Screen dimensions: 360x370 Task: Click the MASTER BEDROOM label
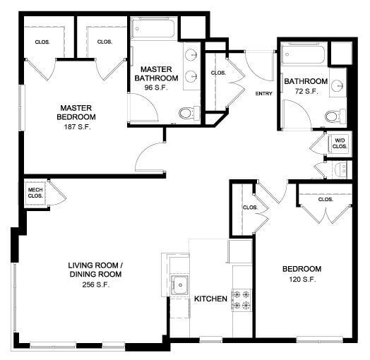[x=78, y=111]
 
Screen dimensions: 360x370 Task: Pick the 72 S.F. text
[x=306, y=92]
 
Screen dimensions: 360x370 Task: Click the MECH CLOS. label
[x=35, y=193]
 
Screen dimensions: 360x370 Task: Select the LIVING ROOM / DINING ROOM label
[x=95, y=270]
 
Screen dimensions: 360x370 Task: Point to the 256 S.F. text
[x=95, y=285]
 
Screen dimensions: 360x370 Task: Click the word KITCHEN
[x=210, y=299]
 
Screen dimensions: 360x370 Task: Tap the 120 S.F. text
[x=302, y=280]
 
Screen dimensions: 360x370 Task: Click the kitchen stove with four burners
[x=241, y=299]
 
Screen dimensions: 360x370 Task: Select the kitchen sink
[x=181, y=286]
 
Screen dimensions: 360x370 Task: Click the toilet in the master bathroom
[x=187, y=112]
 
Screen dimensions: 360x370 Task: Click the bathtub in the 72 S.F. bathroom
[x=304, y=54]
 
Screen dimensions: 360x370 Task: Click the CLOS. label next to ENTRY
[x=218, y=73]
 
